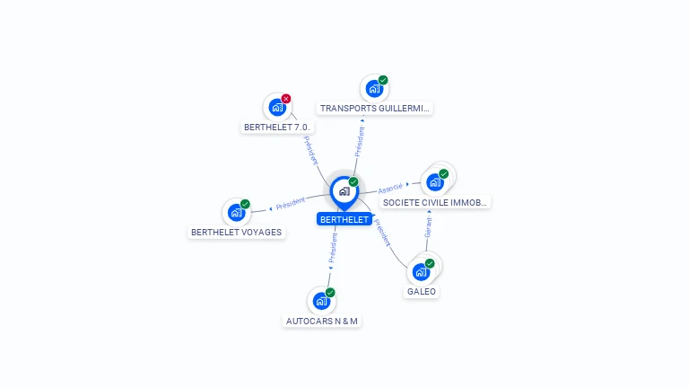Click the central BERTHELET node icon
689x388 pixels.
pos(344,190)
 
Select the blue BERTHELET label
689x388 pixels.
pos(344,219)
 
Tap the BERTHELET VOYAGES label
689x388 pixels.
pos(237,232)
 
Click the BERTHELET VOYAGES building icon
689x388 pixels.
pos(236,212)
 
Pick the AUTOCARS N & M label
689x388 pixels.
pos(322,321)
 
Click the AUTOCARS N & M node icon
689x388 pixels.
pos(321,301)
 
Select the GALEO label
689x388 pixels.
pos(422,292)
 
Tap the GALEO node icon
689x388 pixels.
pos(421,271)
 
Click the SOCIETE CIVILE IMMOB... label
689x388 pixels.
pos(435,202)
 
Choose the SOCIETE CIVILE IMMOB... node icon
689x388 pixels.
pos(435,181)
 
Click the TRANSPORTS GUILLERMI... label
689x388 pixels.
pos(375,108)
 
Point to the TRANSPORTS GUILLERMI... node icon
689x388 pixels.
pos(374,88)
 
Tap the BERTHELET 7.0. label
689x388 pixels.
pos(277,127)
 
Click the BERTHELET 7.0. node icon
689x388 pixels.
pos(277,107)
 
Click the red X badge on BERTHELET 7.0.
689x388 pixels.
pos(286,99)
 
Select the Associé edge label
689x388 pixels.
pos(390,189)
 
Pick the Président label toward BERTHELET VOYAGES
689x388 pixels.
pos(291,204)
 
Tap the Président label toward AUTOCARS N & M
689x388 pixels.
pos(333,251)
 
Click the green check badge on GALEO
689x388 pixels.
pos(430,263)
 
